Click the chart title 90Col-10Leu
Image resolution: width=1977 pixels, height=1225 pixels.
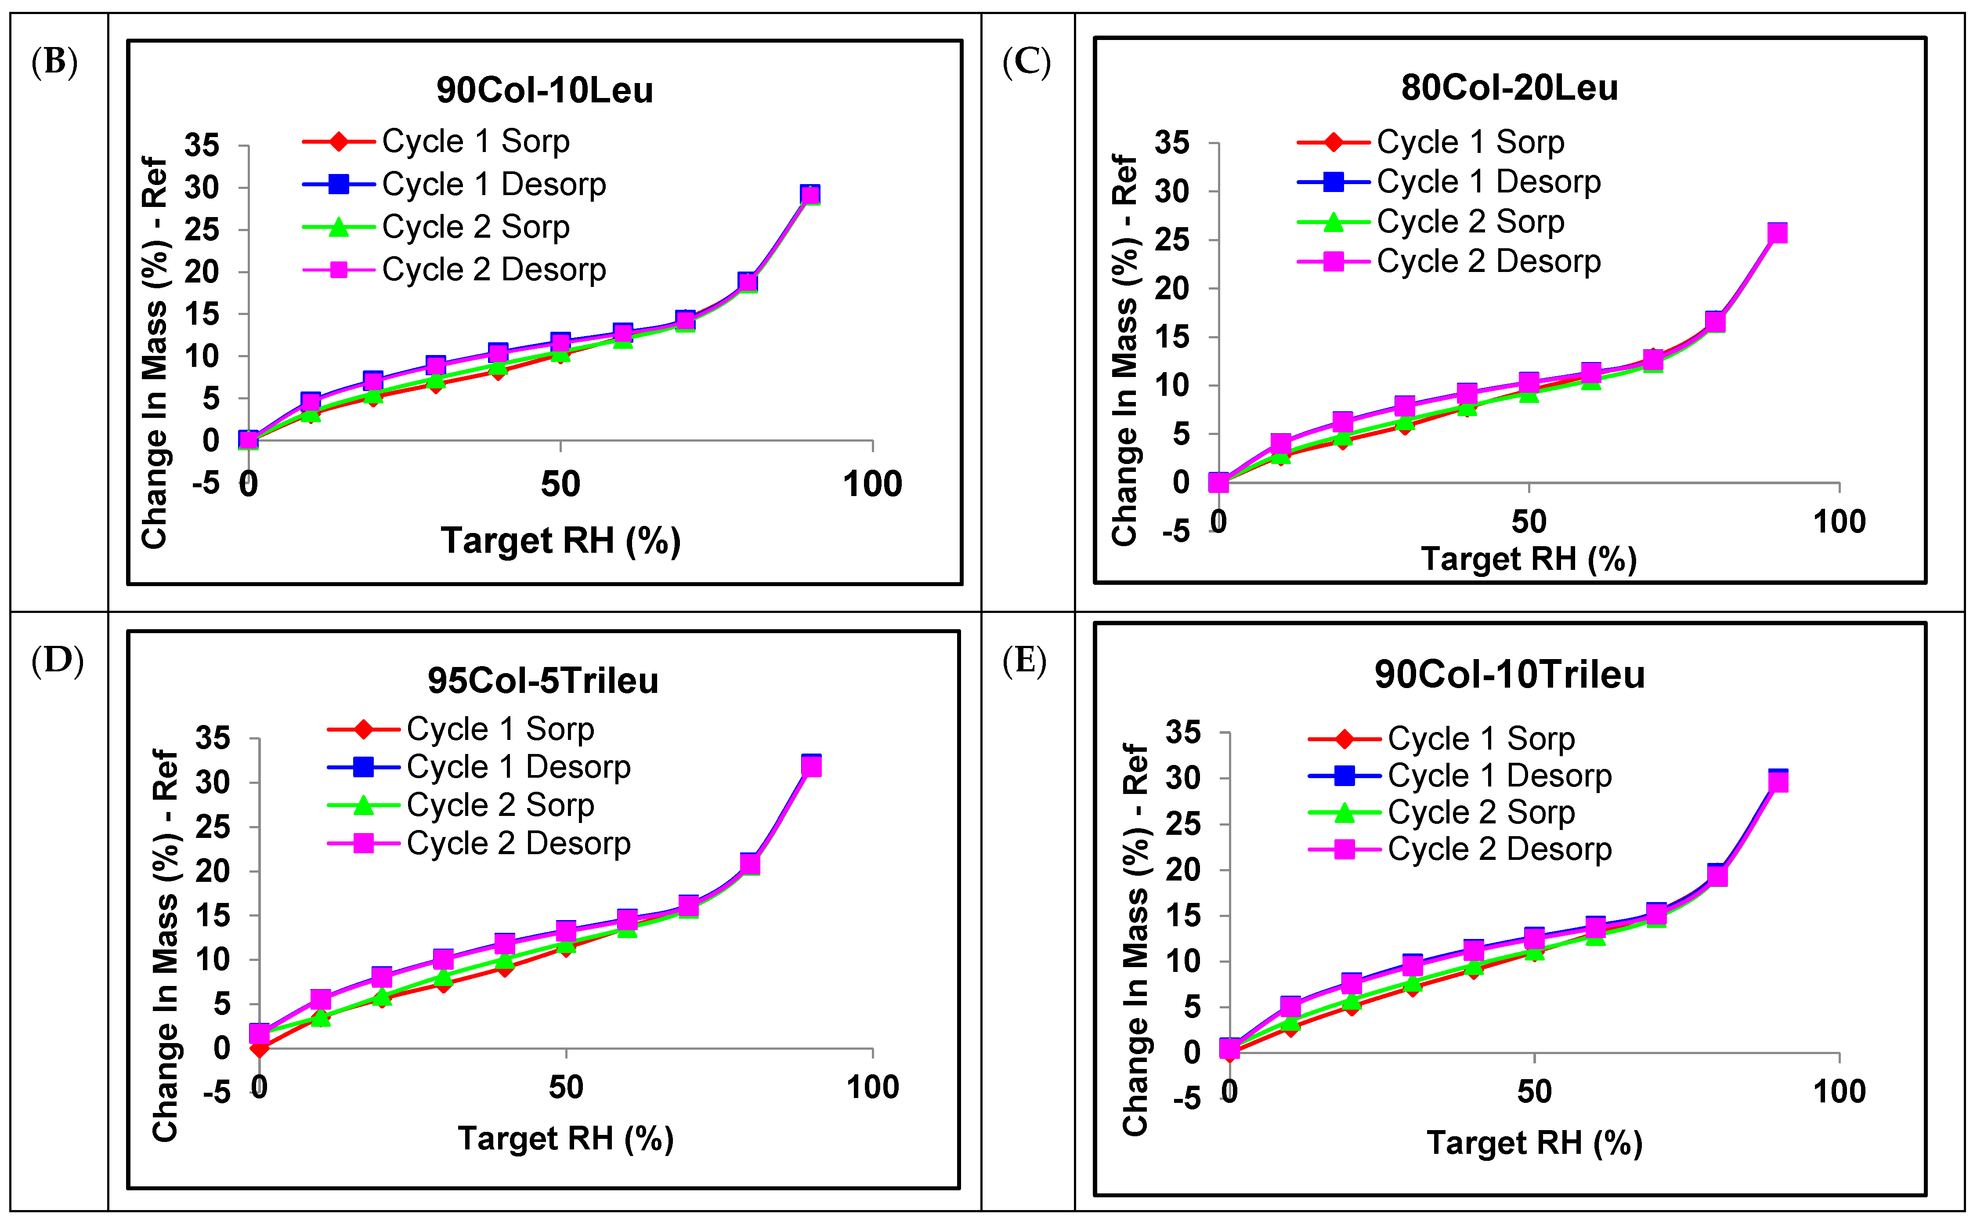[x=544, y=90]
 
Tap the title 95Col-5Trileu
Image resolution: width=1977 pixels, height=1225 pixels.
[x=542, y=681]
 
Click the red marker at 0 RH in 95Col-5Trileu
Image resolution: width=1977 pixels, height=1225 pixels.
[x=259, y=1048]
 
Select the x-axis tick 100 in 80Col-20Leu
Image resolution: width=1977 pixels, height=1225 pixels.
[x=1840, y=522]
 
